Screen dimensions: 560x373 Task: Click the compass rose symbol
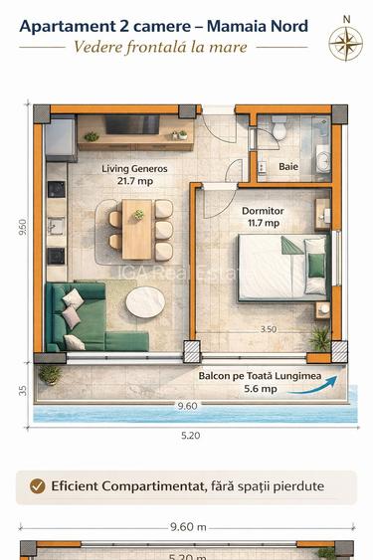click(345, 40)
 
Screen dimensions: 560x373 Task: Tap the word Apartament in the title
click(65, 26)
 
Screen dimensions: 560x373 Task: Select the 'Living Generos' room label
click(134, 169)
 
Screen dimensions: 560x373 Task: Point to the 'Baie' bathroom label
click(287, 167)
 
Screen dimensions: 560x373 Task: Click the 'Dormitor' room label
click(263, 211)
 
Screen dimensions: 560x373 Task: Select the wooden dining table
click(138, 228)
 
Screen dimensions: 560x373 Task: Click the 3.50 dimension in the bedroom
click(268, 328)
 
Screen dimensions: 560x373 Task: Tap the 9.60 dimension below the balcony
click(186, 406)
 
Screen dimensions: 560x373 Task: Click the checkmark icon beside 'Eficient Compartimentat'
click(38, 486)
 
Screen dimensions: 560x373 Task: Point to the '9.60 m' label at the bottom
click(186, 529)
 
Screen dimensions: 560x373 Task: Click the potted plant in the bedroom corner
click(319, 339)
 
